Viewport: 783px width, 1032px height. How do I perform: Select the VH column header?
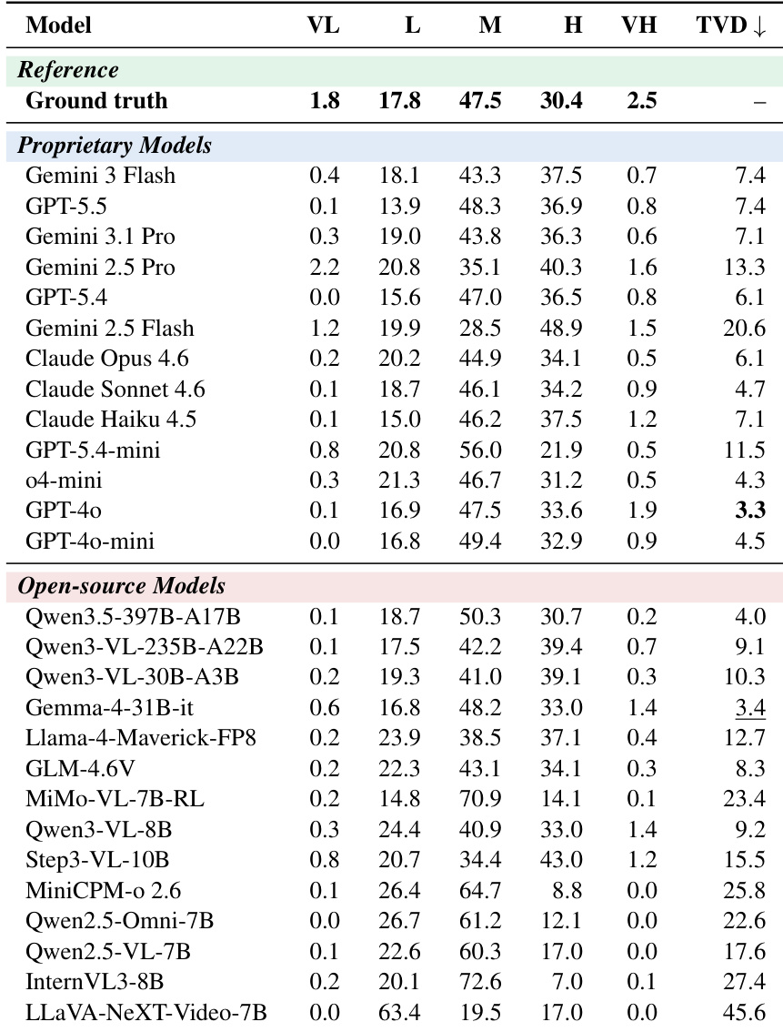(639, 25)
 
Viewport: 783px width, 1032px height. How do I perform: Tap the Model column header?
(58, 25)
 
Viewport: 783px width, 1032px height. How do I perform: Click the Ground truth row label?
(96, 101)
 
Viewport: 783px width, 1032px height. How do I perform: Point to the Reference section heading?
(68, 70)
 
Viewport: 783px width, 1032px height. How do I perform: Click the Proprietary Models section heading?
(115, 145)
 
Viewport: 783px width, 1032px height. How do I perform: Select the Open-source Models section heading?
(122, 586)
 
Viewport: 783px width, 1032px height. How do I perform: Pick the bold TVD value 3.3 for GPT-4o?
(750, 510)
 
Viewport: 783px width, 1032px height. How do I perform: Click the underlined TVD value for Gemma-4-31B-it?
(750, 707)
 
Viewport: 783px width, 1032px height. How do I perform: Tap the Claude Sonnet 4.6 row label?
(115, 389)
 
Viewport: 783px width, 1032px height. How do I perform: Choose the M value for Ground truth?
(480, 101)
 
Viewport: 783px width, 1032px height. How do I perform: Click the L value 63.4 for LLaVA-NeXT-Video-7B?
(399, 1012)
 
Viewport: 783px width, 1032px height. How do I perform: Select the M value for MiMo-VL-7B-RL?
(480, 798)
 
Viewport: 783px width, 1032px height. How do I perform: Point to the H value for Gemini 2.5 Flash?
(561, 328)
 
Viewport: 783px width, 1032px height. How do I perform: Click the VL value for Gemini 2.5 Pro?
(324, 268)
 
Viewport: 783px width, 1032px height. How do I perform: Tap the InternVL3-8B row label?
(95, 982)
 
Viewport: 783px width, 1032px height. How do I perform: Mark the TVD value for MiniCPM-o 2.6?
(744, 891)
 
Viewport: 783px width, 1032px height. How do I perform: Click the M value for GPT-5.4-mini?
(480, 450)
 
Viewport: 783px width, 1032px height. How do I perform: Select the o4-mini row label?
(64, 481)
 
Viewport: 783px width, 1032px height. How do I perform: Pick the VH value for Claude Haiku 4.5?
(642, 420)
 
